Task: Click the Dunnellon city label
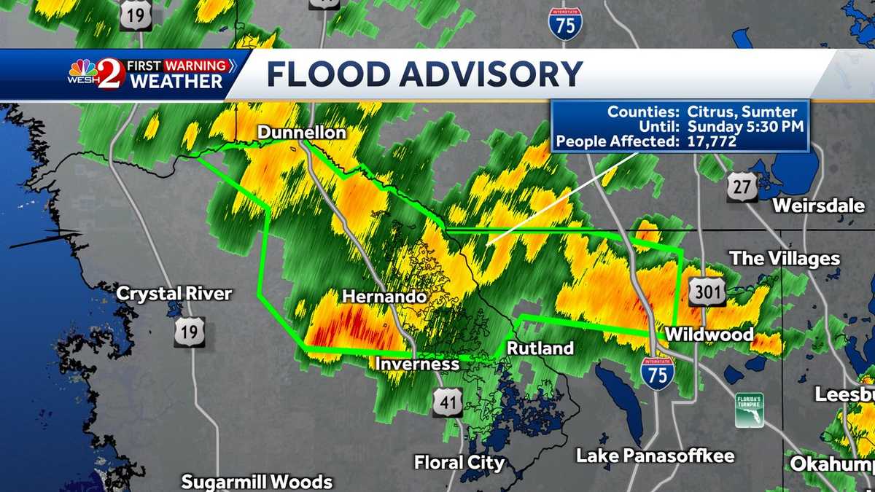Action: (301, 133)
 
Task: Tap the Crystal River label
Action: (174, 294)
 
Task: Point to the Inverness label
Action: (417, 363)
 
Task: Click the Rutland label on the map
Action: (540, 348)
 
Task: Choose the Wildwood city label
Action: (708, 334)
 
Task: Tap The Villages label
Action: (785, 259)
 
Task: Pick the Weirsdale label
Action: (818, 205)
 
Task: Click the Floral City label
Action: (459, 462)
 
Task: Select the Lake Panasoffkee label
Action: (656, 456)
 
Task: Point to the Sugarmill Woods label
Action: (257, 482)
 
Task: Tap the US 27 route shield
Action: (742, 187)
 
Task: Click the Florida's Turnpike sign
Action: (749, 410)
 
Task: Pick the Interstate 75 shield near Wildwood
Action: (658, 373)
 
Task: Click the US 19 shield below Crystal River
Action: (189, 332)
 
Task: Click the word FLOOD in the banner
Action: (328, 74)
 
